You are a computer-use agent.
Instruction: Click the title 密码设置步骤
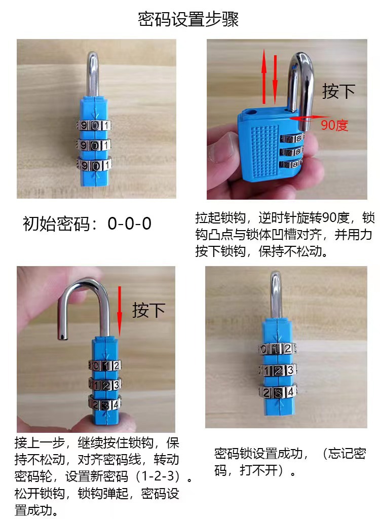pos(188,20)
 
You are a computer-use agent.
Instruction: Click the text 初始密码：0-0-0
pos(87,224)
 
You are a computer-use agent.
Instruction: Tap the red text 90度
pos(334,125)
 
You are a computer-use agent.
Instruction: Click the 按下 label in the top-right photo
pos(338,91)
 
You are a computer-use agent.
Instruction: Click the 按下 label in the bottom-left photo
pos(148,310)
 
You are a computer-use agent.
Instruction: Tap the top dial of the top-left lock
pos(94,125)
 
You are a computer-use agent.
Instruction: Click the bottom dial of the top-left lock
pos(94,165)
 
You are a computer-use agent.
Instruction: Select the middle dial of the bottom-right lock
pos(277,370)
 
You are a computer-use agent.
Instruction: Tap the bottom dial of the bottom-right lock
pos(277,392)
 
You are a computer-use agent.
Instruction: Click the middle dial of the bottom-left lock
pos(104,385)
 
